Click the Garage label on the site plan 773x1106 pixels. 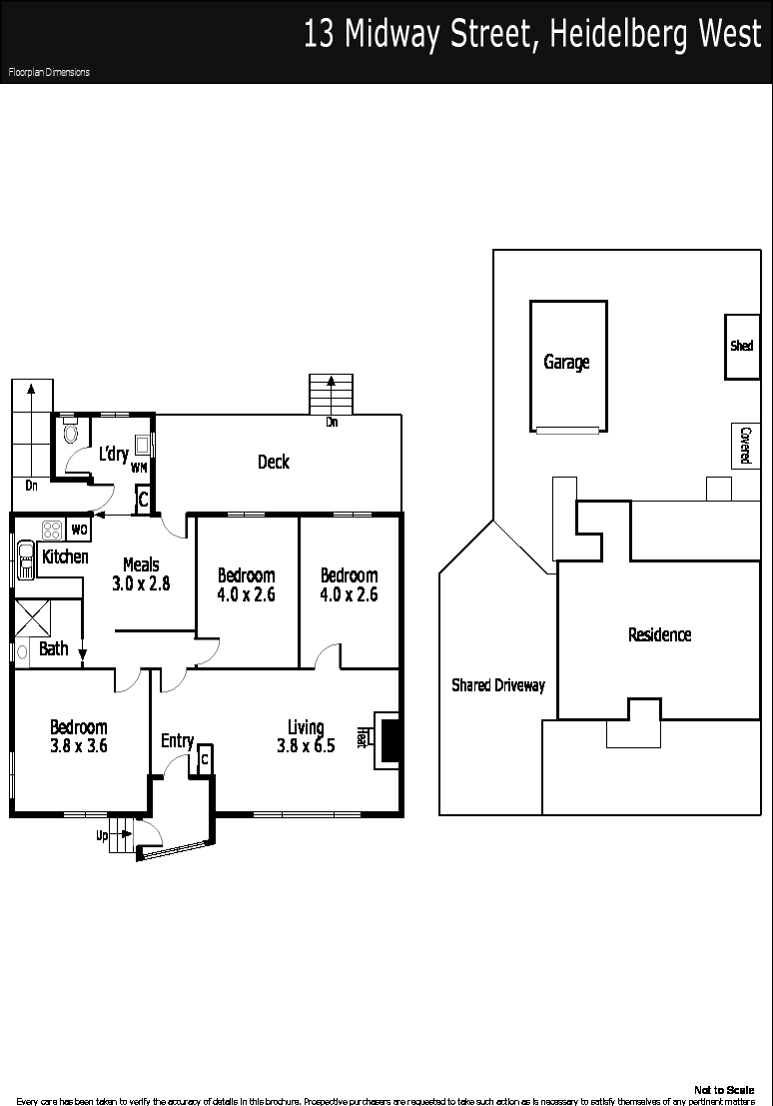(566, 363)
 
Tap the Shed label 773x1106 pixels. (741, 346)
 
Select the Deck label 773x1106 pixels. (274, 462)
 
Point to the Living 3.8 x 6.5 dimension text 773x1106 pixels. (306, 736)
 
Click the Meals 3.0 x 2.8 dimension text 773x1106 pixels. (141, 574)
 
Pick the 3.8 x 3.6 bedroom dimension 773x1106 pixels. (78, 745)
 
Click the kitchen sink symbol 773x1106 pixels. (26, 559)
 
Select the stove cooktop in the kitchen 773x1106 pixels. (52, 530)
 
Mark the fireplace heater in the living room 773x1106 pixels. (386, 738)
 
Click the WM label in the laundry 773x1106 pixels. (139, 467)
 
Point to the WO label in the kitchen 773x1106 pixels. (79, 529)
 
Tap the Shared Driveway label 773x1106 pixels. (498, 685)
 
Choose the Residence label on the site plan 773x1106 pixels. (659, 634)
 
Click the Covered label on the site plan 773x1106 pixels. (745, 445)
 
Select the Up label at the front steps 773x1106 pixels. (102, 836)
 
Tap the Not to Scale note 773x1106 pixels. (724, 1090)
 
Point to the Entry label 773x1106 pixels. (177, 741)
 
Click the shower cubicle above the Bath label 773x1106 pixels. (33, 618)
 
